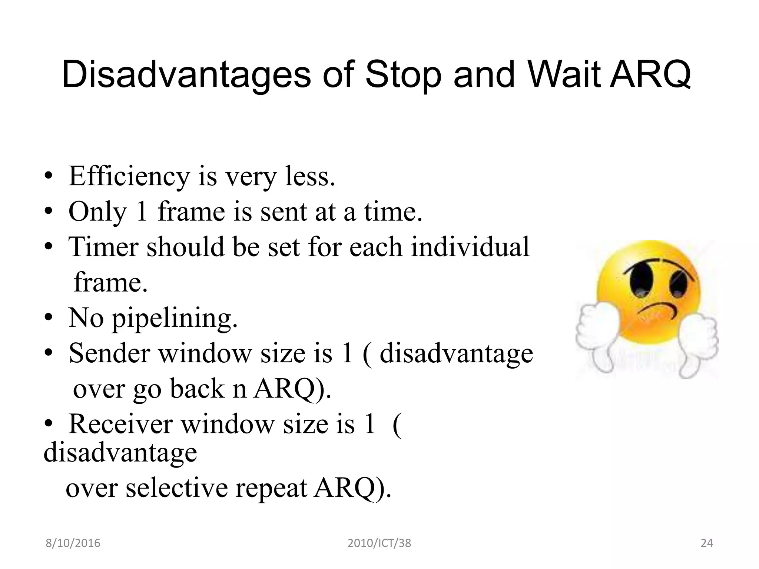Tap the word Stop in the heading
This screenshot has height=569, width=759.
403,76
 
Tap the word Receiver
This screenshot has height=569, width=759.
120,424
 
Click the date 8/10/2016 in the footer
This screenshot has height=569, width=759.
73,543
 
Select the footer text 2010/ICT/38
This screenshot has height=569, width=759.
379,543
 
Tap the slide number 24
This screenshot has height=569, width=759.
707,543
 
